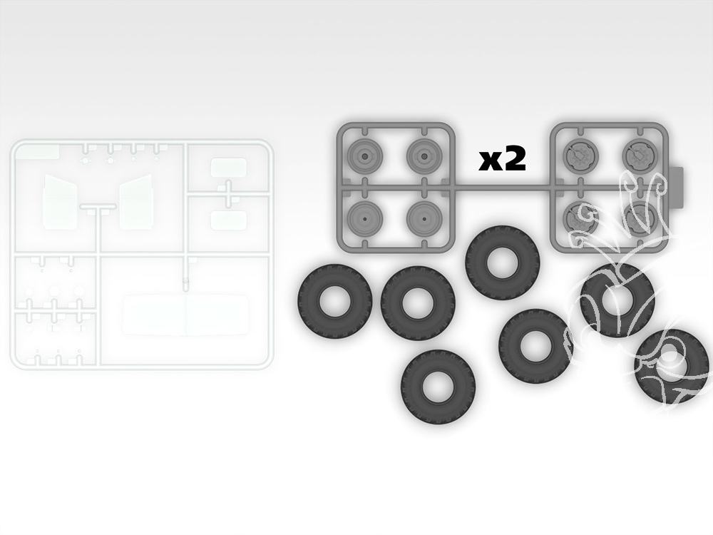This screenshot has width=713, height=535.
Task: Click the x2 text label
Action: (x=502, y=160)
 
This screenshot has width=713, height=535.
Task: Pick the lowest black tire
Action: (x=438, y=386)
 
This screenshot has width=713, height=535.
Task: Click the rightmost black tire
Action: (x=672, y=366)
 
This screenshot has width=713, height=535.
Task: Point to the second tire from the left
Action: (x=419, y=303)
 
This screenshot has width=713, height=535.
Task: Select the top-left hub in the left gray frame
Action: (x=364, y=156)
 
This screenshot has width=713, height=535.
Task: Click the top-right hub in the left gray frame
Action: (x=424, y=156)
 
